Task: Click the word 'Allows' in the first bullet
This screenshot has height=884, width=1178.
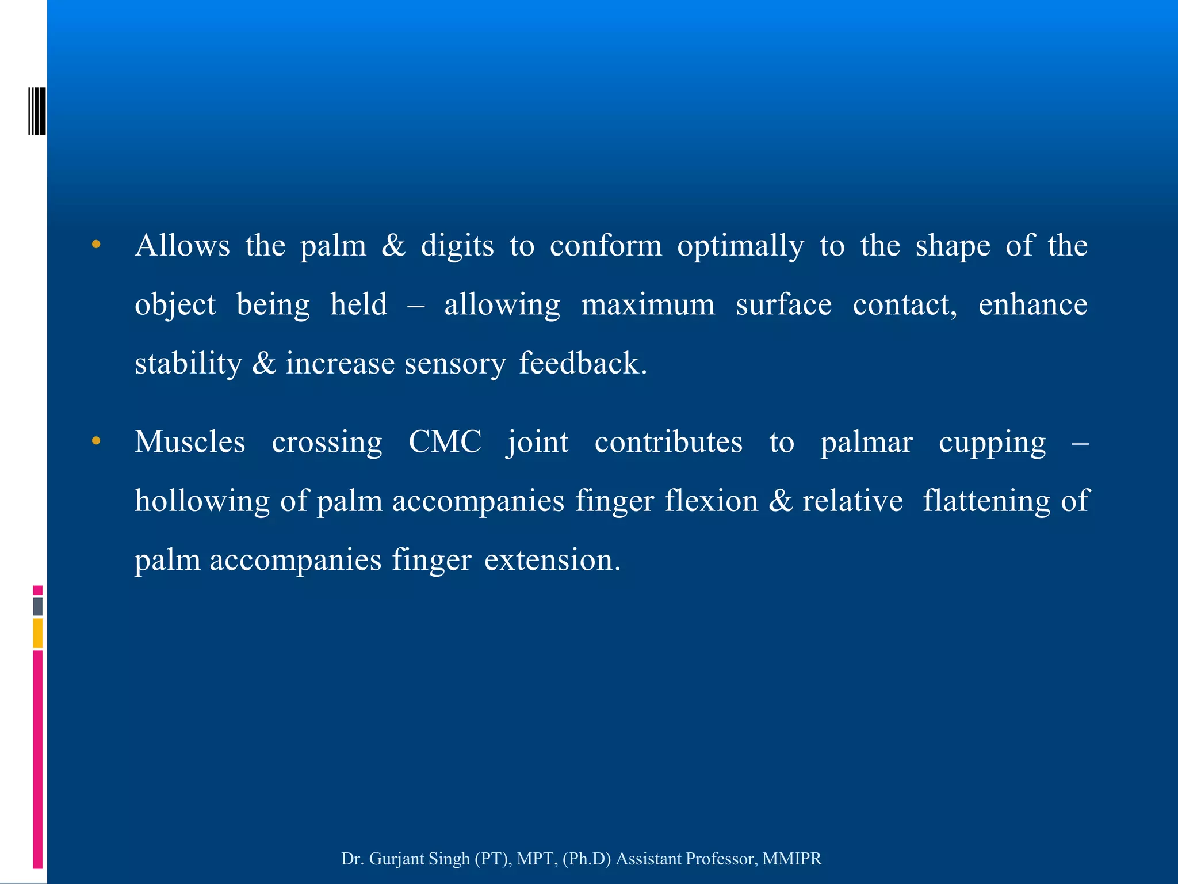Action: [182, 246]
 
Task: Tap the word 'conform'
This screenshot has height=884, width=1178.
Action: [606, 246]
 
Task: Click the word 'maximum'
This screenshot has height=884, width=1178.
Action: [648, 304]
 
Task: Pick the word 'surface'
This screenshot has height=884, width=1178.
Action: [783, 304]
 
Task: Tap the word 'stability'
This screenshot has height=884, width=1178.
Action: [188, 364]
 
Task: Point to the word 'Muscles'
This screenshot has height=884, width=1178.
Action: [190, 442]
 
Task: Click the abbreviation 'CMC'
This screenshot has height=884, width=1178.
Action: [445, 442]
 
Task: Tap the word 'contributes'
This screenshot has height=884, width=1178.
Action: [668, 442]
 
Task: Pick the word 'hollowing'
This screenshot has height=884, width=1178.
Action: [202, 501]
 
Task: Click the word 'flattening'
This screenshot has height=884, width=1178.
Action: [986, 501]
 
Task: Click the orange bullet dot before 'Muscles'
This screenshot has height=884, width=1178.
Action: [96, 441]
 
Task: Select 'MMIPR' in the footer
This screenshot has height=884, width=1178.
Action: [792, 858]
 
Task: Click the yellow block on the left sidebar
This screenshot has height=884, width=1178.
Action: [38, 633]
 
